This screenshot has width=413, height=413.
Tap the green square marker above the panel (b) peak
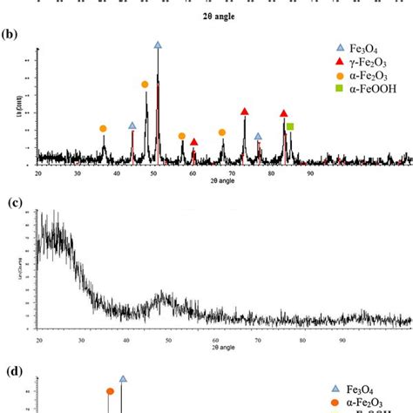290,127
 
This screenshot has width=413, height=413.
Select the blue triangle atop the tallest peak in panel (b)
158,44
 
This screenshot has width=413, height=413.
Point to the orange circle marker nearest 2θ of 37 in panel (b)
103,129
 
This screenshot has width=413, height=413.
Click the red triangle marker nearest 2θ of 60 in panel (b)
193,142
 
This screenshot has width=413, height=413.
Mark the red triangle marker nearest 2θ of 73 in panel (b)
244,112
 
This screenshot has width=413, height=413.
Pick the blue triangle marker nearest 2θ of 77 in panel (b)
258,137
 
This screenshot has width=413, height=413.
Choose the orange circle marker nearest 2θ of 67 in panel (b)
222,132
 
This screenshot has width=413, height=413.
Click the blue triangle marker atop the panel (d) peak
123,379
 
